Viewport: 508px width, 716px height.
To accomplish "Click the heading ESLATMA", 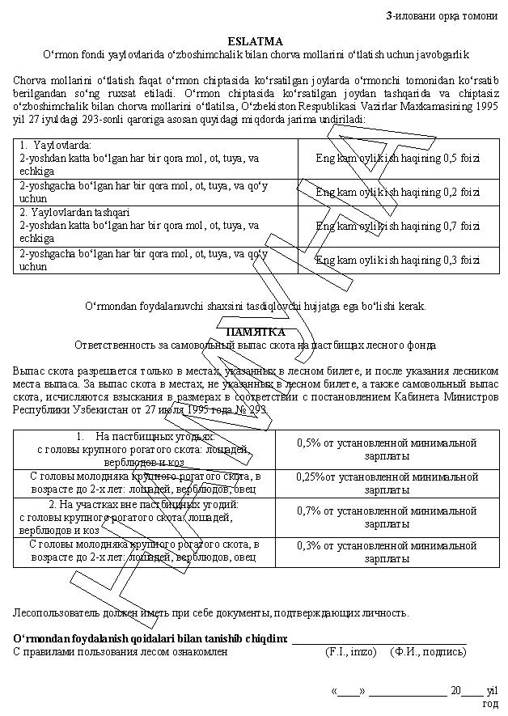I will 255,40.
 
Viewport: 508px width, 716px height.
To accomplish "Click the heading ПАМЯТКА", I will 255,332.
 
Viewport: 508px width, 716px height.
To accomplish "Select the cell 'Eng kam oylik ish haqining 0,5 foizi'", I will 397,158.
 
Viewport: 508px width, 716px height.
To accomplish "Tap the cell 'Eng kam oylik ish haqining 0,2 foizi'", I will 397,192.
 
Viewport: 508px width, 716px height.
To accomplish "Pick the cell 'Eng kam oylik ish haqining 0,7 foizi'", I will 397,226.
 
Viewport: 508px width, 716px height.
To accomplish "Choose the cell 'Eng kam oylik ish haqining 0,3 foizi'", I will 397,260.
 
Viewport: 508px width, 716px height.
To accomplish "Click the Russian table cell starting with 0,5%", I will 387,449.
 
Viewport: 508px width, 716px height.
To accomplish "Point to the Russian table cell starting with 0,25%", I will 387,483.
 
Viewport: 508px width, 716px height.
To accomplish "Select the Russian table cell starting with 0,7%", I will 387,517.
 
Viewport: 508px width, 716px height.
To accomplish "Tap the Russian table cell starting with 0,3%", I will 387,551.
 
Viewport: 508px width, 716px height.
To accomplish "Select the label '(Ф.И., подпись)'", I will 428,651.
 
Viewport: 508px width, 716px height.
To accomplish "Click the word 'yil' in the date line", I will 490,691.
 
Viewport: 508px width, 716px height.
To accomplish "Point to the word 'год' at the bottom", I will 490,703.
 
